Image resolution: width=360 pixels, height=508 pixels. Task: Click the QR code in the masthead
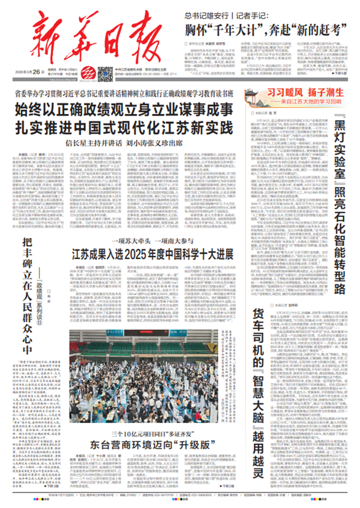(104, 72)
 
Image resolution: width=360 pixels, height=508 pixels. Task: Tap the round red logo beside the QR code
(89, 72)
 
